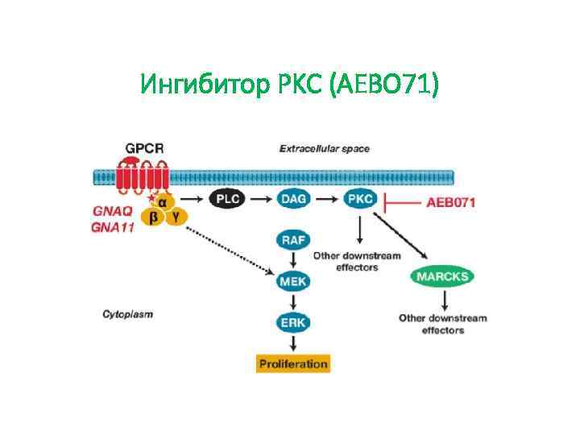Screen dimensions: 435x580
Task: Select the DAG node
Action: coord(294,199)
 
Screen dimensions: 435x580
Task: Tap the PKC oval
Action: coord(358,199)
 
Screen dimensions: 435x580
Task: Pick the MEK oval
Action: coord(293,282)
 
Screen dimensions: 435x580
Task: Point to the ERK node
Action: coord(293,322)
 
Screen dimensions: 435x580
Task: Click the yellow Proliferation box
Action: coord(293,363)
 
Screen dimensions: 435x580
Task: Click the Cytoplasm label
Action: coord(128,313)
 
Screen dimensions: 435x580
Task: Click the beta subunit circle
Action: coord(153,217)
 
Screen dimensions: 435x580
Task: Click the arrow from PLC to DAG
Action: coord(261,199)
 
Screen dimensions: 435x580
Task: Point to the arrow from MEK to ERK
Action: coord(293,302)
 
